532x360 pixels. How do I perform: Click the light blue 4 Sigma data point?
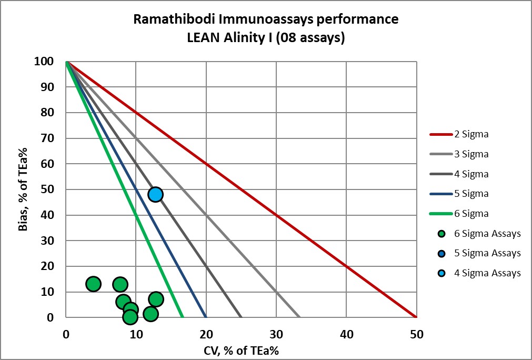[x=155, y=194]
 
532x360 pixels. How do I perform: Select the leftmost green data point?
[x=93, y=284]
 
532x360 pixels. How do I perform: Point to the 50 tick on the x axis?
[x=416, y=333]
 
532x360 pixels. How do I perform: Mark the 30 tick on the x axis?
[x=276, y=333]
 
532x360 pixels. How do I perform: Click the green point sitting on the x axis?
[x=130, y=317]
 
